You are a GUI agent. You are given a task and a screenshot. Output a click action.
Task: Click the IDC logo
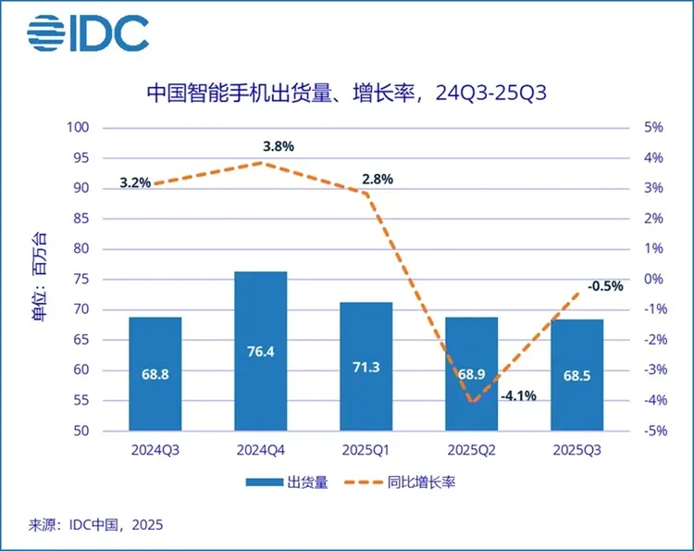click(x=88, y=32)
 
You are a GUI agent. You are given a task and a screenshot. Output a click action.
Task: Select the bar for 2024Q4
click(x=261, y=351)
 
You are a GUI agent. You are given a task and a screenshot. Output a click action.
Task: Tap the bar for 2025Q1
click(x=366, y=367)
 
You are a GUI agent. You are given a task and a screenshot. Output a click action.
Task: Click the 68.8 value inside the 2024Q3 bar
click(x=155, y=374)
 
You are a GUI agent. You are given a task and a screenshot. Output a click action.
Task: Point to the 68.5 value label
click(x=576, y=376)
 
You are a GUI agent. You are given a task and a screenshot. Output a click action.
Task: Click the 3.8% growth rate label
click(x=279, y=146)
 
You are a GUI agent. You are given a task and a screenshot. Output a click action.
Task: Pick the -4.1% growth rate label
click(x=518, y=395)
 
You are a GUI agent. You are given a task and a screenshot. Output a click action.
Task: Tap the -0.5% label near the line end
click(x=605, y=286)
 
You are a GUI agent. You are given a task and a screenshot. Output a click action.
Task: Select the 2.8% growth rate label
click(x=378, y=180)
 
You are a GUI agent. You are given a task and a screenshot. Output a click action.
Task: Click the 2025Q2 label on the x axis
click(x=471, y=450)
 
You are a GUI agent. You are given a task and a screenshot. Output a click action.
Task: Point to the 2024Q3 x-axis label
click(x=155, y=450)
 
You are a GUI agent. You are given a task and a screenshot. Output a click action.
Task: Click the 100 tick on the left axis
click(x=78, y=127)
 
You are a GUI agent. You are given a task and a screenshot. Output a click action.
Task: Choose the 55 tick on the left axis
click(x=81, y=400)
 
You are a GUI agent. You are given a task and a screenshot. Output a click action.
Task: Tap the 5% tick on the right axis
click(x=653, y=127)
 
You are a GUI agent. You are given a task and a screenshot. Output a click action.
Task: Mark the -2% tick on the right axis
click(x=655, y=339)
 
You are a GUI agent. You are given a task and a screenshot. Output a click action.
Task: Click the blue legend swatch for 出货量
click(x=265, y=482)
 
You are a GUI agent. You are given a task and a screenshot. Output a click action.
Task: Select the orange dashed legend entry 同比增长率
click(x=400, y=482)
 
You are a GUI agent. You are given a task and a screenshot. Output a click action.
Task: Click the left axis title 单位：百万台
click(x=39, y=276)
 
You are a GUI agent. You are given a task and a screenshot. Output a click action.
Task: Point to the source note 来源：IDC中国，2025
click(x=95, y=525)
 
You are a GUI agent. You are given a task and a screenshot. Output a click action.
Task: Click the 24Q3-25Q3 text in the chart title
click(x=490, y=93)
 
